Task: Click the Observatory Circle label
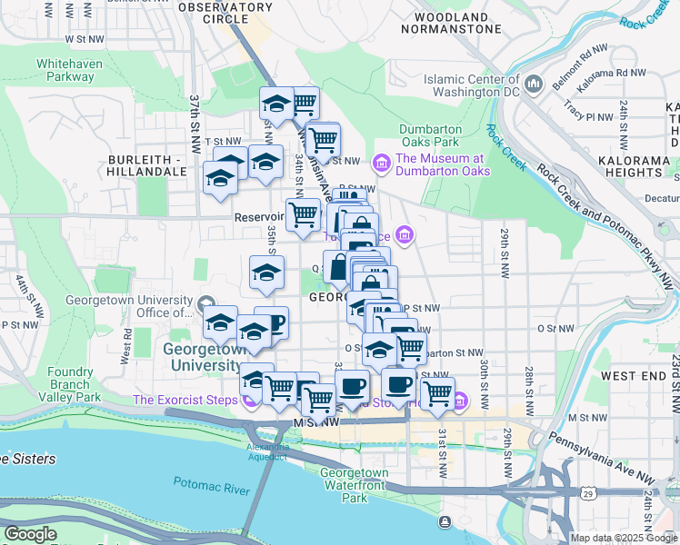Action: click(x=213, y=13)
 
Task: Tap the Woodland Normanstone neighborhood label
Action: click(x=456, y=23)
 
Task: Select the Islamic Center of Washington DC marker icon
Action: click(x=535, y=84)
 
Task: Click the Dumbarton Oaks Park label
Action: click(x=430, y=135)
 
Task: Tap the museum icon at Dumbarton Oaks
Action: click(x=382, y=163)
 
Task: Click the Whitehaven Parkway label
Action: click(x=65, y=70)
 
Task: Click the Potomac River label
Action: click(x=213, y=490)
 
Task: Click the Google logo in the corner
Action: click(x=30, y=534)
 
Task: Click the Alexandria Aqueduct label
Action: click(x=268, y=451)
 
